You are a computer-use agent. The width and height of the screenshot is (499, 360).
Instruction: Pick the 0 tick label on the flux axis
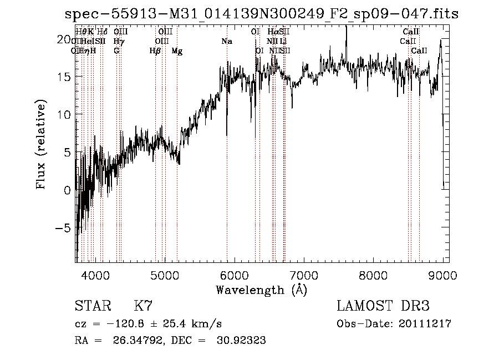pyautogui.click(x=68, y=190)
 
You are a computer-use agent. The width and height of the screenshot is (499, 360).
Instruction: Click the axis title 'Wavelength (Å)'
pyautogui.click(x=261, y=290)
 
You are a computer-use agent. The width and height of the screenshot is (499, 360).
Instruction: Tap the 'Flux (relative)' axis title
pyautogui.click(x=41, y=144)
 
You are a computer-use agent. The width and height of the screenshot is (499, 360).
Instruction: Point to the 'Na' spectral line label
pyautogui.click(x=226, y=42)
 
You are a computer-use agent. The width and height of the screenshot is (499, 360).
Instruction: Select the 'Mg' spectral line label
pyautogui.click(x=177, y=51)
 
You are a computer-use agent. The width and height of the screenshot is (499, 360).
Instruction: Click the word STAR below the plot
pyautogui.click(x=92, y=306)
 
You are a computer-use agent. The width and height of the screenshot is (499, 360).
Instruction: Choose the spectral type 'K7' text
pyautogui.click(x=143, y=306)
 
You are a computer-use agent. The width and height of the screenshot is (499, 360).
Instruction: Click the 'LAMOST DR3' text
pyautogui.click(x=383, y=306)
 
